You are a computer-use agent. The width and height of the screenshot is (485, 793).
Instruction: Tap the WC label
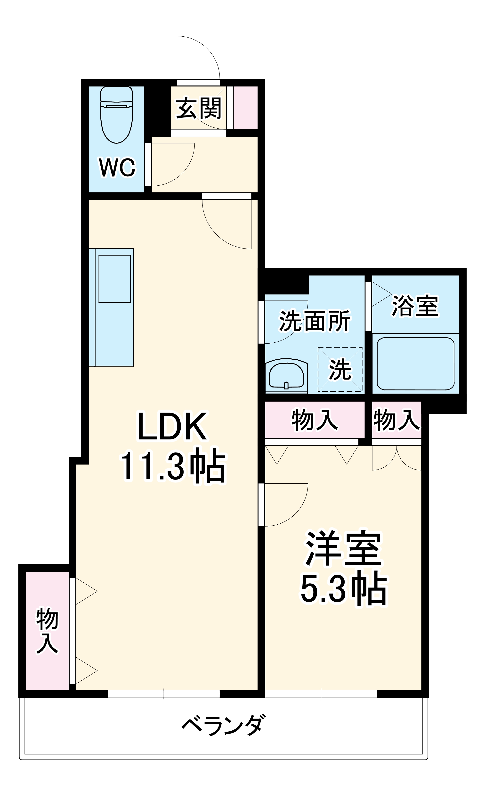click(117, 167)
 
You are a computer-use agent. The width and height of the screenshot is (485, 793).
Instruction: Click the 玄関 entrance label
click(198, 108)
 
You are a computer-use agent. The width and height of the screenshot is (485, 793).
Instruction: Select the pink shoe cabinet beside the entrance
click(245, 107)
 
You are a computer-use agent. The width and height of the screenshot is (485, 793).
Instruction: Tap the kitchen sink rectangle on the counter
click(114, 279)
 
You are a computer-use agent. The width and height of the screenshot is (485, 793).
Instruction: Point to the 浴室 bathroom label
click(415, 306)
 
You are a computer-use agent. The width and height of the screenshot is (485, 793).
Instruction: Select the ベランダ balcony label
click(224, 725)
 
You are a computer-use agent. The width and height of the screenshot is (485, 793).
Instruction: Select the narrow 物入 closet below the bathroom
click(396, 420)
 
